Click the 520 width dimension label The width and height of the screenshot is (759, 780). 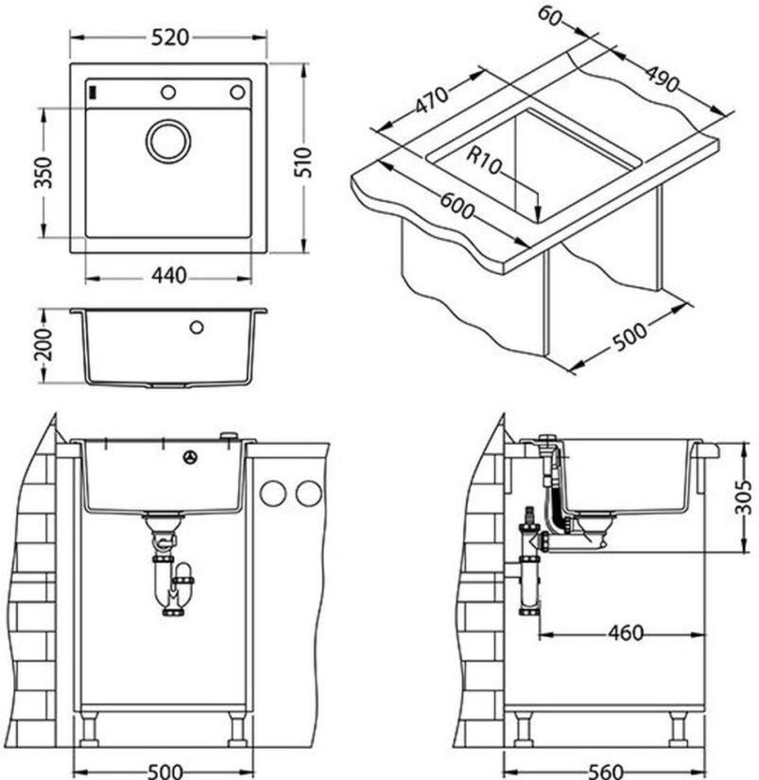point(170,38)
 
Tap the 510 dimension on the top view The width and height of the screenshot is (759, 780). point(302,162)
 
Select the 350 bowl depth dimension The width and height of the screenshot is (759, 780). point(43,173)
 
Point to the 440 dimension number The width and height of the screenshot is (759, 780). point(169,275)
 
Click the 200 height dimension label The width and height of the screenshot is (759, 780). point(43,344)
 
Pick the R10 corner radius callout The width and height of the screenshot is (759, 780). point(483,161)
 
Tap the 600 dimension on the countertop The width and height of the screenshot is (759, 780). point(457,206)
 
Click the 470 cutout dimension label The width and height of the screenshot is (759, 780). point(431,101)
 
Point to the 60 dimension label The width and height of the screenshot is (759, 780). point(550,16)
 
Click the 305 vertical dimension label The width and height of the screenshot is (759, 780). point(743,497)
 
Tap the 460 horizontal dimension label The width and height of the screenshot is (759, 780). point(626,634)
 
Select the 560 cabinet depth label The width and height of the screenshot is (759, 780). point(606,772)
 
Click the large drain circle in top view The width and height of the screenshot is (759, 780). point(168,141)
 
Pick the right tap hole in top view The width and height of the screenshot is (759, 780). point(237,92)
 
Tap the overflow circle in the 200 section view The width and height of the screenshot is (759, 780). point(197,327)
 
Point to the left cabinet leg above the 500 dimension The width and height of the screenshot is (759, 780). point(90,730)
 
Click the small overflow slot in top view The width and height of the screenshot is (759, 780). point(92,93)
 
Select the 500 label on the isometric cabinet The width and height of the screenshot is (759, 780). point(630,337)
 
